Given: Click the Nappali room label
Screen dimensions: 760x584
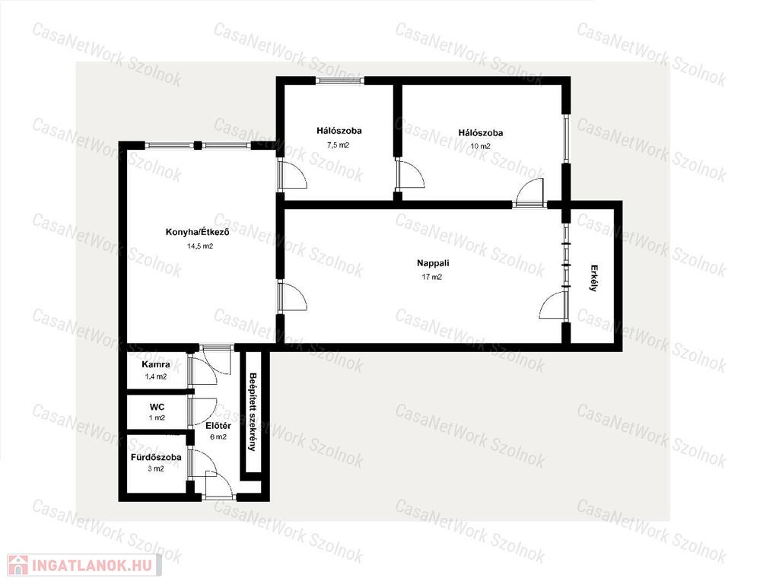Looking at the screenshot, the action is tap(433, 263).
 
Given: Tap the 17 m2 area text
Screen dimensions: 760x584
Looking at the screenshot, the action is tap(432, 278).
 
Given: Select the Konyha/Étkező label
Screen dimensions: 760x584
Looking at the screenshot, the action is tap(197, 232).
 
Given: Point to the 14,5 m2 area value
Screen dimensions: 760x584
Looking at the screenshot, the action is tap(200, 246).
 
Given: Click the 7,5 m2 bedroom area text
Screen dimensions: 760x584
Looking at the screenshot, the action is tap(339, 144).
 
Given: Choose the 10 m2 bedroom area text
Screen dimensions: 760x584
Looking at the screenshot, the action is tap(480, 146).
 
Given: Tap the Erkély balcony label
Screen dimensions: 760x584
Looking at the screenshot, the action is tap(593, 278).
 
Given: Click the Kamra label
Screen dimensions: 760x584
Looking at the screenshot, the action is tap(156, 364).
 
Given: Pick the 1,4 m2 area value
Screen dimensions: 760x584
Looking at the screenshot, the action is tap(156, 376).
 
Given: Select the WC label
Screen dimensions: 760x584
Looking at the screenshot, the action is tap(157, 407).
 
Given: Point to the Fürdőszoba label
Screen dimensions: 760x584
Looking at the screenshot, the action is tap(156, 457).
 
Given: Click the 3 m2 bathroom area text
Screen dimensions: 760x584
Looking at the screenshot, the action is tap(156, 468).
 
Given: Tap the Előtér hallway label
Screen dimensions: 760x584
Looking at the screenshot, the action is tap(218, 426).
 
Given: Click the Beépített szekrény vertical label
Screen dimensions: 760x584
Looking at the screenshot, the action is tap(252, 411).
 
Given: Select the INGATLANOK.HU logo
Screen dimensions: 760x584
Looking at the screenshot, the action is tap(84, 565).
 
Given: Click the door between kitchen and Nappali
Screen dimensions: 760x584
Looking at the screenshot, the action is tap(292, 296).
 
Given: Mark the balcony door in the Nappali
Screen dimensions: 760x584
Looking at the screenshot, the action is tap(554, 306).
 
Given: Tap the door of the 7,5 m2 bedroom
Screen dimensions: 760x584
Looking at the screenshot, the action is tap(292, 174).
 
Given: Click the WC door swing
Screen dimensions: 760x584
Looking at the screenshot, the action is tap(203, 412).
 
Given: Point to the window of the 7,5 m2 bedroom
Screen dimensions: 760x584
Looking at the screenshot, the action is tap(340, 81).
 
